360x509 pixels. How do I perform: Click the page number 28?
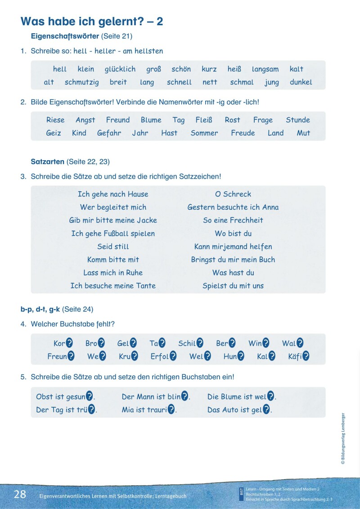[20, 494]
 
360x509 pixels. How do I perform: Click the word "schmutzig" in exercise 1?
[81, 82]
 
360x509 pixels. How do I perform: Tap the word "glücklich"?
[120, 69]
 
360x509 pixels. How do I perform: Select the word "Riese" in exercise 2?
[55, 120]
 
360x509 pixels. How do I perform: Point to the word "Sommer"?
[204, 133]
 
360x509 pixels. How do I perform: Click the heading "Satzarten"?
[47, 161]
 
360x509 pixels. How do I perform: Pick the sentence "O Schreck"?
[233, 194]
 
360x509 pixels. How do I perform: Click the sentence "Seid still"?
[113, 247]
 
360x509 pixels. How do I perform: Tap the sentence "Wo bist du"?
[233, 234]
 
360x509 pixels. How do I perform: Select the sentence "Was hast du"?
[233, 273]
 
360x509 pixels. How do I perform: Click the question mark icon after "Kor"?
[69, 343]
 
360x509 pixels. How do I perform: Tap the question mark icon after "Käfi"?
[306, 356]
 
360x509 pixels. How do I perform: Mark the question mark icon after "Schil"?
[200, 343]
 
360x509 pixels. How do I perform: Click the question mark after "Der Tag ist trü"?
[92, 410]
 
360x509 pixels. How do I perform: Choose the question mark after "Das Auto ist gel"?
[266, 410]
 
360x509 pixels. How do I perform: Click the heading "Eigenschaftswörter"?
[65, 36]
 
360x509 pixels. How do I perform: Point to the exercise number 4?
[22, 324]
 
